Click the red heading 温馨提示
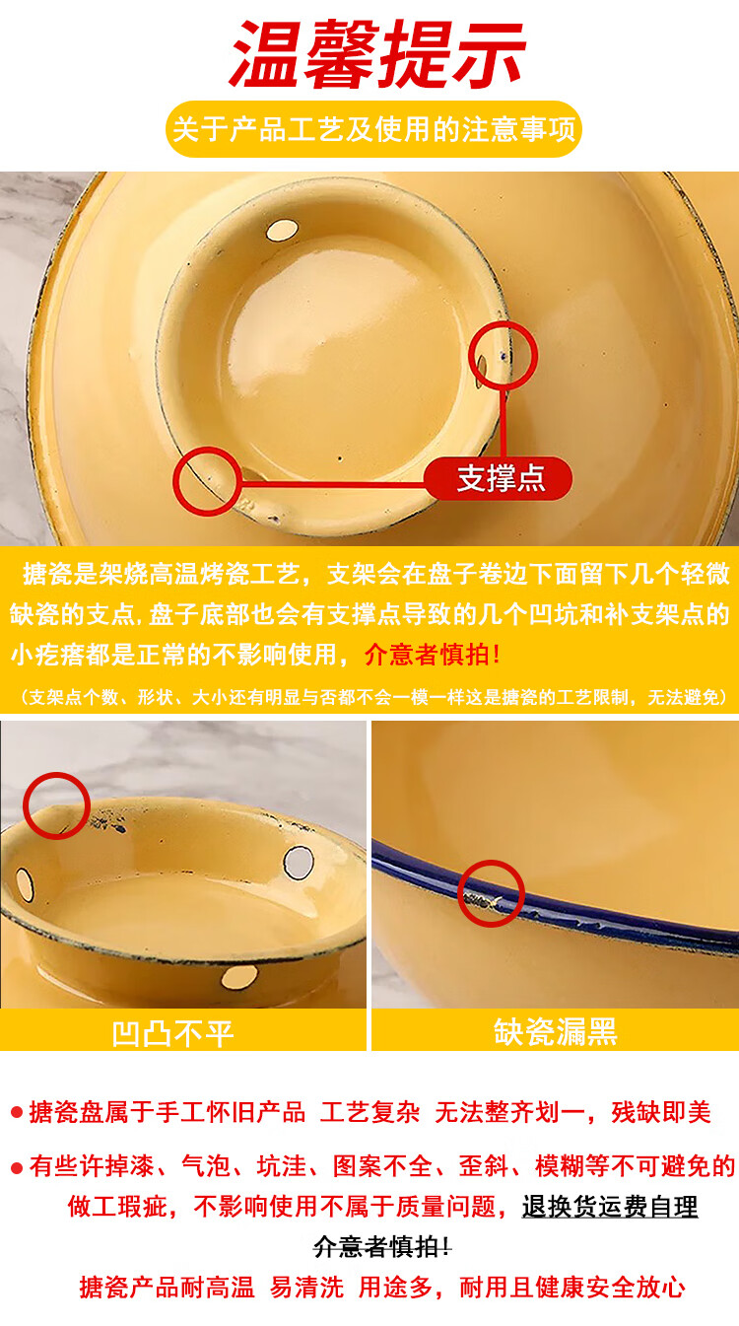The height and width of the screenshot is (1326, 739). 377,54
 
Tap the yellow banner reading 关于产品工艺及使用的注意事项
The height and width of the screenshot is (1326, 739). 373,129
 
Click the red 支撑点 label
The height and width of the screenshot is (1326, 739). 499,478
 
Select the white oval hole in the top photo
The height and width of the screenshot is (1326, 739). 282,230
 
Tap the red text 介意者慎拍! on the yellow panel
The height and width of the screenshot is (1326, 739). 433,655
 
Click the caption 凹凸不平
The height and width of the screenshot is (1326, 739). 172,1033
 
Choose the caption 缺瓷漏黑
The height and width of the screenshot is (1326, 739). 556,1032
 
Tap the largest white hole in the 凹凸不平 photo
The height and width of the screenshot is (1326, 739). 299,862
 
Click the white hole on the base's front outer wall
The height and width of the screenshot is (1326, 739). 239,978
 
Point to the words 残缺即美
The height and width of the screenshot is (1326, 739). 660,1112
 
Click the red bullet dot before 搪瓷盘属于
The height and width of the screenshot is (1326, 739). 16,1113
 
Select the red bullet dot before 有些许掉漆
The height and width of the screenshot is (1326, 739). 16,1168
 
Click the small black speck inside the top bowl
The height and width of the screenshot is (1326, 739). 340,458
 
